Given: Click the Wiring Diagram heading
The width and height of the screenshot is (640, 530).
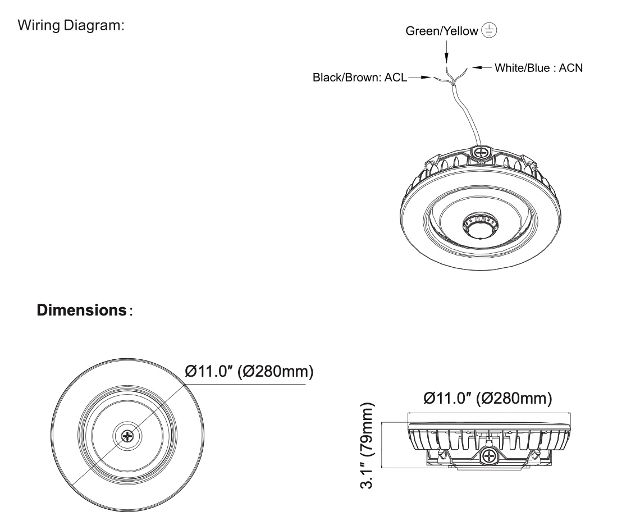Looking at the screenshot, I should tap(71, 26).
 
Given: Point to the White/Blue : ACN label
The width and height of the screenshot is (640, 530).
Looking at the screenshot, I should tap(538, 68).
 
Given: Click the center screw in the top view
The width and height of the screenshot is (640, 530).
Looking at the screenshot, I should tap(129, 436).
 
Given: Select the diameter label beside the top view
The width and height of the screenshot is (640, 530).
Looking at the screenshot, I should tap(249, 371).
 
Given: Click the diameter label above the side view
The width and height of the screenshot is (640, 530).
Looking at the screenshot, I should tap(487, 399).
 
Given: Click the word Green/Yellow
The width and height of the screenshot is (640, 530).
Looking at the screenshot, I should tap(442, 31).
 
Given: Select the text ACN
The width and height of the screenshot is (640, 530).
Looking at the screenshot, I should tap(571, 68).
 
